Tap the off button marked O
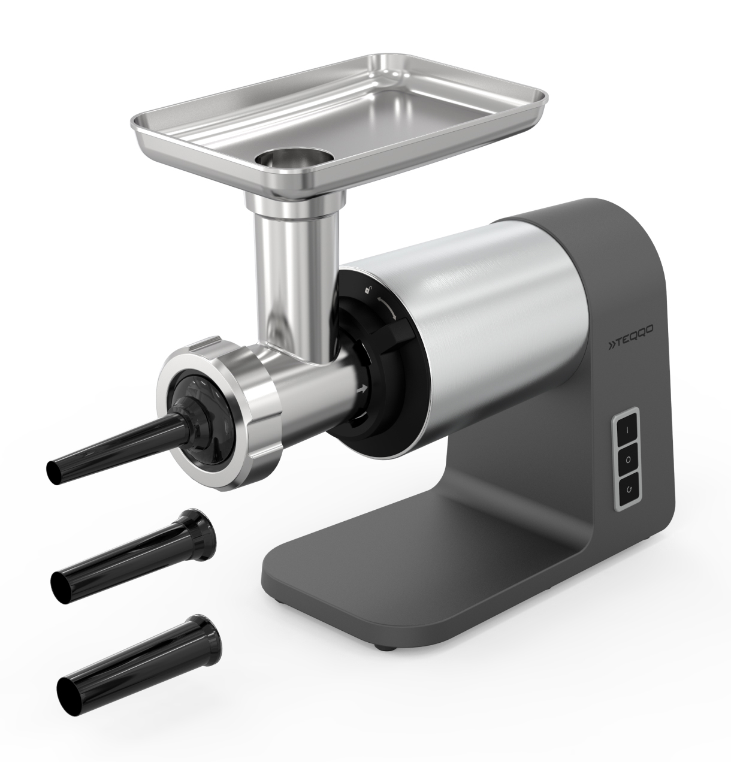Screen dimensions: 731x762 pos(628,459)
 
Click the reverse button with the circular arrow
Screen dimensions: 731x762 pos(629,489)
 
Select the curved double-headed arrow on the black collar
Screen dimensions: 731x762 pos(386,308)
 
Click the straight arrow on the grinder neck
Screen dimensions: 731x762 pos(363,389)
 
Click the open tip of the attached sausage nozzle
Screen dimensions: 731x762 pos(54,473)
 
